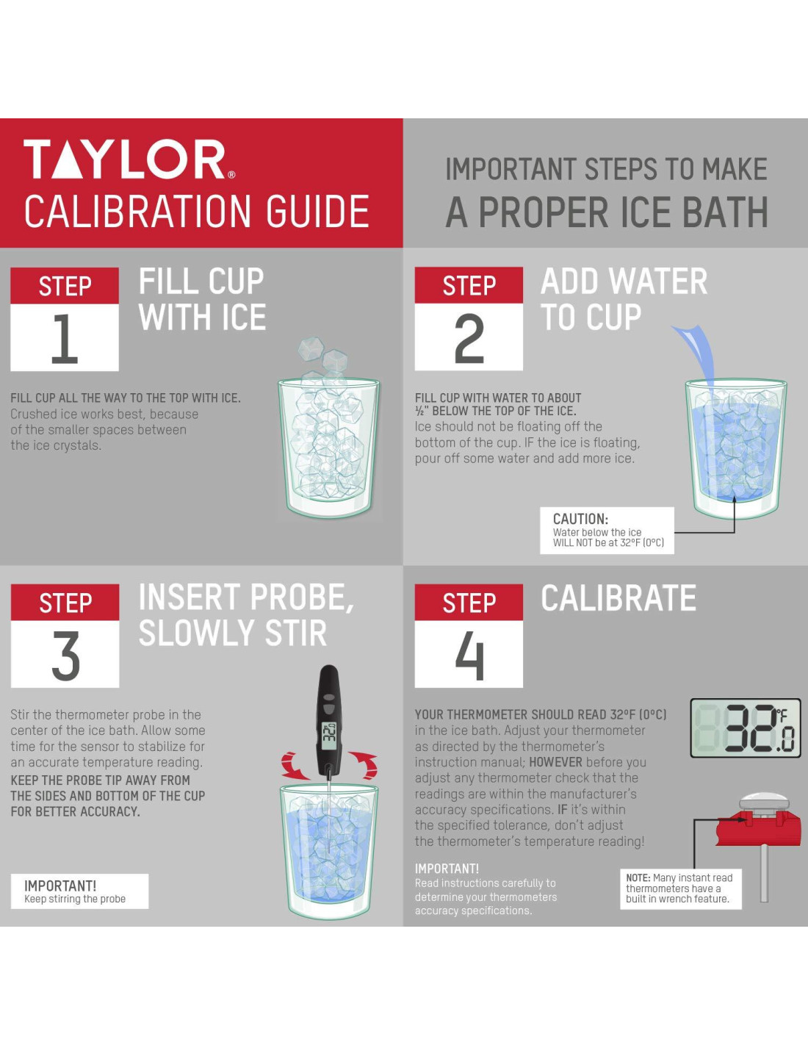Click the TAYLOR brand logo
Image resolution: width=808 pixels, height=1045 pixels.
pyautogui.click(x=129, y=159)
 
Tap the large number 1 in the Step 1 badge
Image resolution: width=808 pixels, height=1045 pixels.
pyautogui.click(x=65, y=338)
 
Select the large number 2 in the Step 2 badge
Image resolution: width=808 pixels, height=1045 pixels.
pyautogui.click(x=469, y=338)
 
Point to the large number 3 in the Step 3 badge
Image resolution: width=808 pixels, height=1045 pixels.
pyautogui.click(x=65, y=655)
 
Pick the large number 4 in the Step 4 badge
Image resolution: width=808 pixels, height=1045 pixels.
pyautogui.click(x=469, y=655)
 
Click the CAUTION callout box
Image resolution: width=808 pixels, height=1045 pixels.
pyautogui.click(x=607, y=531)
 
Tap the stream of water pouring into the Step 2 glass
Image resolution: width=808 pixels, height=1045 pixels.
pyautogui.click(x=696, y=356)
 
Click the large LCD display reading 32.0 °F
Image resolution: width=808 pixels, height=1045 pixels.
pyautogui.click(x=746, y=728)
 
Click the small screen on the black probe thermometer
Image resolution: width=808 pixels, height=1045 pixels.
pyautogui.click(x=329, y=734)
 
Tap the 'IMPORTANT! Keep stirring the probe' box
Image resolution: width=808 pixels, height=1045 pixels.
pyautogui.click(x=80, y=891)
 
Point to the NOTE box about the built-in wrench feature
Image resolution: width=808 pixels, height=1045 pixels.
pyautogui.click(x=681, y=888)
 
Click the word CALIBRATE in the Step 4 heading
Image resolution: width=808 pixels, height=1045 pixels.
pyautogui.click(x=618, y=598)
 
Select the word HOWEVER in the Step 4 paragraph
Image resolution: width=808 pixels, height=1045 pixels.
pyautogui.click(x=555, y=762)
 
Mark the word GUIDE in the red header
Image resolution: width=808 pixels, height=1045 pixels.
pyautogui.click(x=318, y=212)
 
